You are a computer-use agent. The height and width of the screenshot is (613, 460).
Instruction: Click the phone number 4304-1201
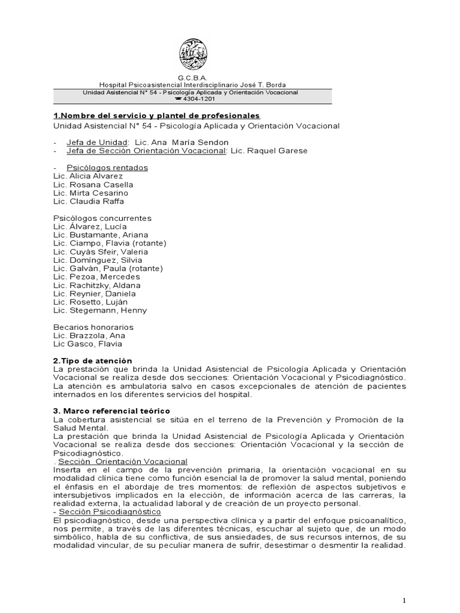point(195,99)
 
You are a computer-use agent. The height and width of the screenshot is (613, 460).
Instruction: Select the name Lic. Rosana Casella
point(93,185)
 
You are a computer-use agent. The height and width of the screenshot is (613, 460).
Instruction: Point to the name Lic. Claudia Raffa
point(90,202)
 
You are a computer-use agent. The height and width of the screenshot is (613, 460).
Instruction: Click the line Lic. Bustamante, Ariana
point(101,235)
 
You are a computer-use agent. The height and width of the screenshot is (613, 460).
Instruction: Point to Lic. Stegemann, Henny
point(100,311)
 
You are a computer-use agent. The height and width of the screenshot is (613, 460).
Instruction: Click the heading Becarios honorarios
point(93,327)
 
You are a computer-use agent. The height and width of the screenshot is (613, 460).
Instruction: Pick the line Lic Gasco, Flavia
point(87,344)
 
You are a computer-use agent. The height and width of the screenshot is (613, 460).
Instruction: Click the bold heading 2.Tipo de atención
point(92,361)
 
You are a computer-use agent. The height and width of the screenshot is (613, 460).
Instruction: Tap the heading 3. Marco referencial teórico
point(111,411)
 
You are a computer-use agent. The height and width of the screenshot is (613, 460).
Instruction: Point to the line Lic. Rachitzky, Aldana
point(97,286)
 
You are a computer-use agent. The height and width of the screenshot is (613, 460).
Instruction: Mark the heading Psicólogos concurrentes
point(102,219)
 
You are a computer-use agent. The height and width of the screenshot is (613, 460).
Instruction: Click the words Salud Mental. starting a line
point(81,428)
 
